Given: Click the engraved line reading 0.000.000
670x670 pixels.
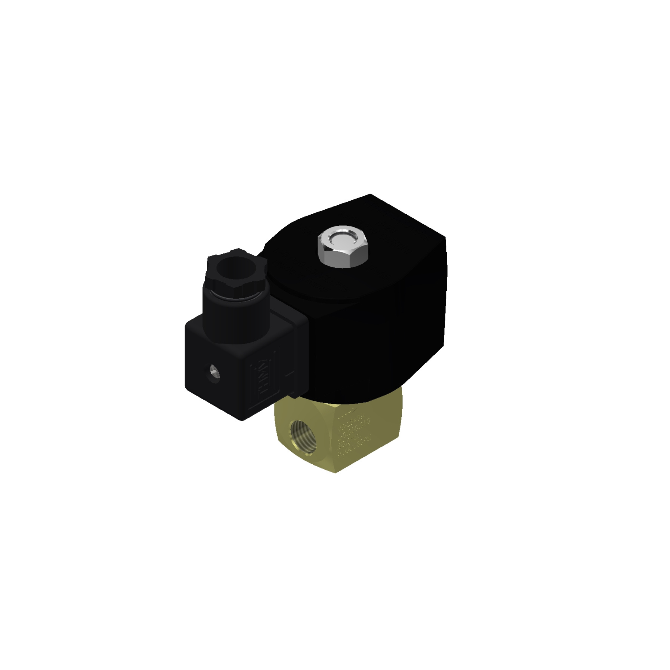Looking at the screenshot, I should [x=354, y=429].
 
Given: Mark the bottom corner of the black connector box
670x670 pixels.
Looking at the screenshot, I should [x=242, y=420].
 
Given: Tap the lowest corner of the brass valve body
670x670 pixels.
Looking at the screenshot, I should [x=335, y=473].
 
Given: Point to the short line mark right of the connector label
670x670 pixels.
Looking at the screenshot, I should [x=290, y=374].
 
